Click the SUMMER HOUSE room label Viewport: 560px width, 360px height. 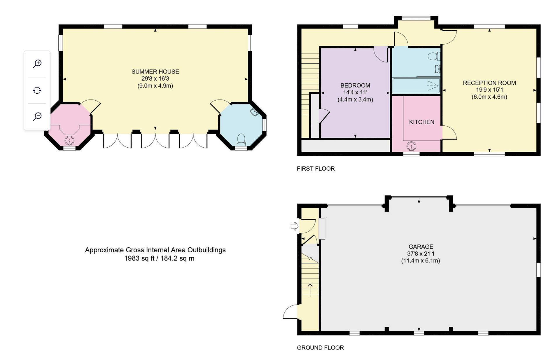coord(155,71)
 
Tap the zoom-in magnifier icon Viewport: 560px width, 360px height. coord(37,64)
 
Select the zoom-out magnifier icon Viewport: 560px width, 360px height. coord(37,116)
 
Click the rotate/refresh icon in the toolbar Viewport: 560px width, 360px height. coord(37,90)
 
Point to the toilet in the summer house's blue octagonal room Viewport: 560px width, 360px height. coord(241,140)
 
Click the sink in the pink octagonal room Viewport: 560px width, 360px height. coord(69,141)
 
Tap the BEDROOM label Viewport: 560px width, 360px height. coord(355,85)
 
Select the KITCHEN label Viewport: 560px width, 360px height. coord(422,122)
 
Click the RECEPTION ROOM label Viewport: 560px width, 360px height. coord(489,83)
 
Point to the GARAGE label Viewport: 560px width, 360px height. coord(421,247)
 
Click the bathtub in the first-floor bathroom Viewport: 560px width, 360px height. coord(416,86)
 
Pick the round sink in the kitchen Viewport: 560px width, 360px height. coord(411,146)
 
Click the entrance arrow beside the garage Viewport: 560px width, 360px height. coord(295,226)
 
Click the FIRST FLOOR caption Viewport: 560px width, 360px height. coord(316,169)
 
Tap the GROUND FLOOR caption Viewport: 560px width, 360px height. coord(320,348)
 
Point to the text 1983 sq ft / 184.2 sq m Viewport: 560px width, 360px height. coord(159,258)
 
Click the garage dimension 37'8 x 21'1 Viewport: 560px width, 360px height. coord(421,254)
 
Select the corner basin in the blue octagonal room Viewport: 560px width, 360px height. coord(254,112)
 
